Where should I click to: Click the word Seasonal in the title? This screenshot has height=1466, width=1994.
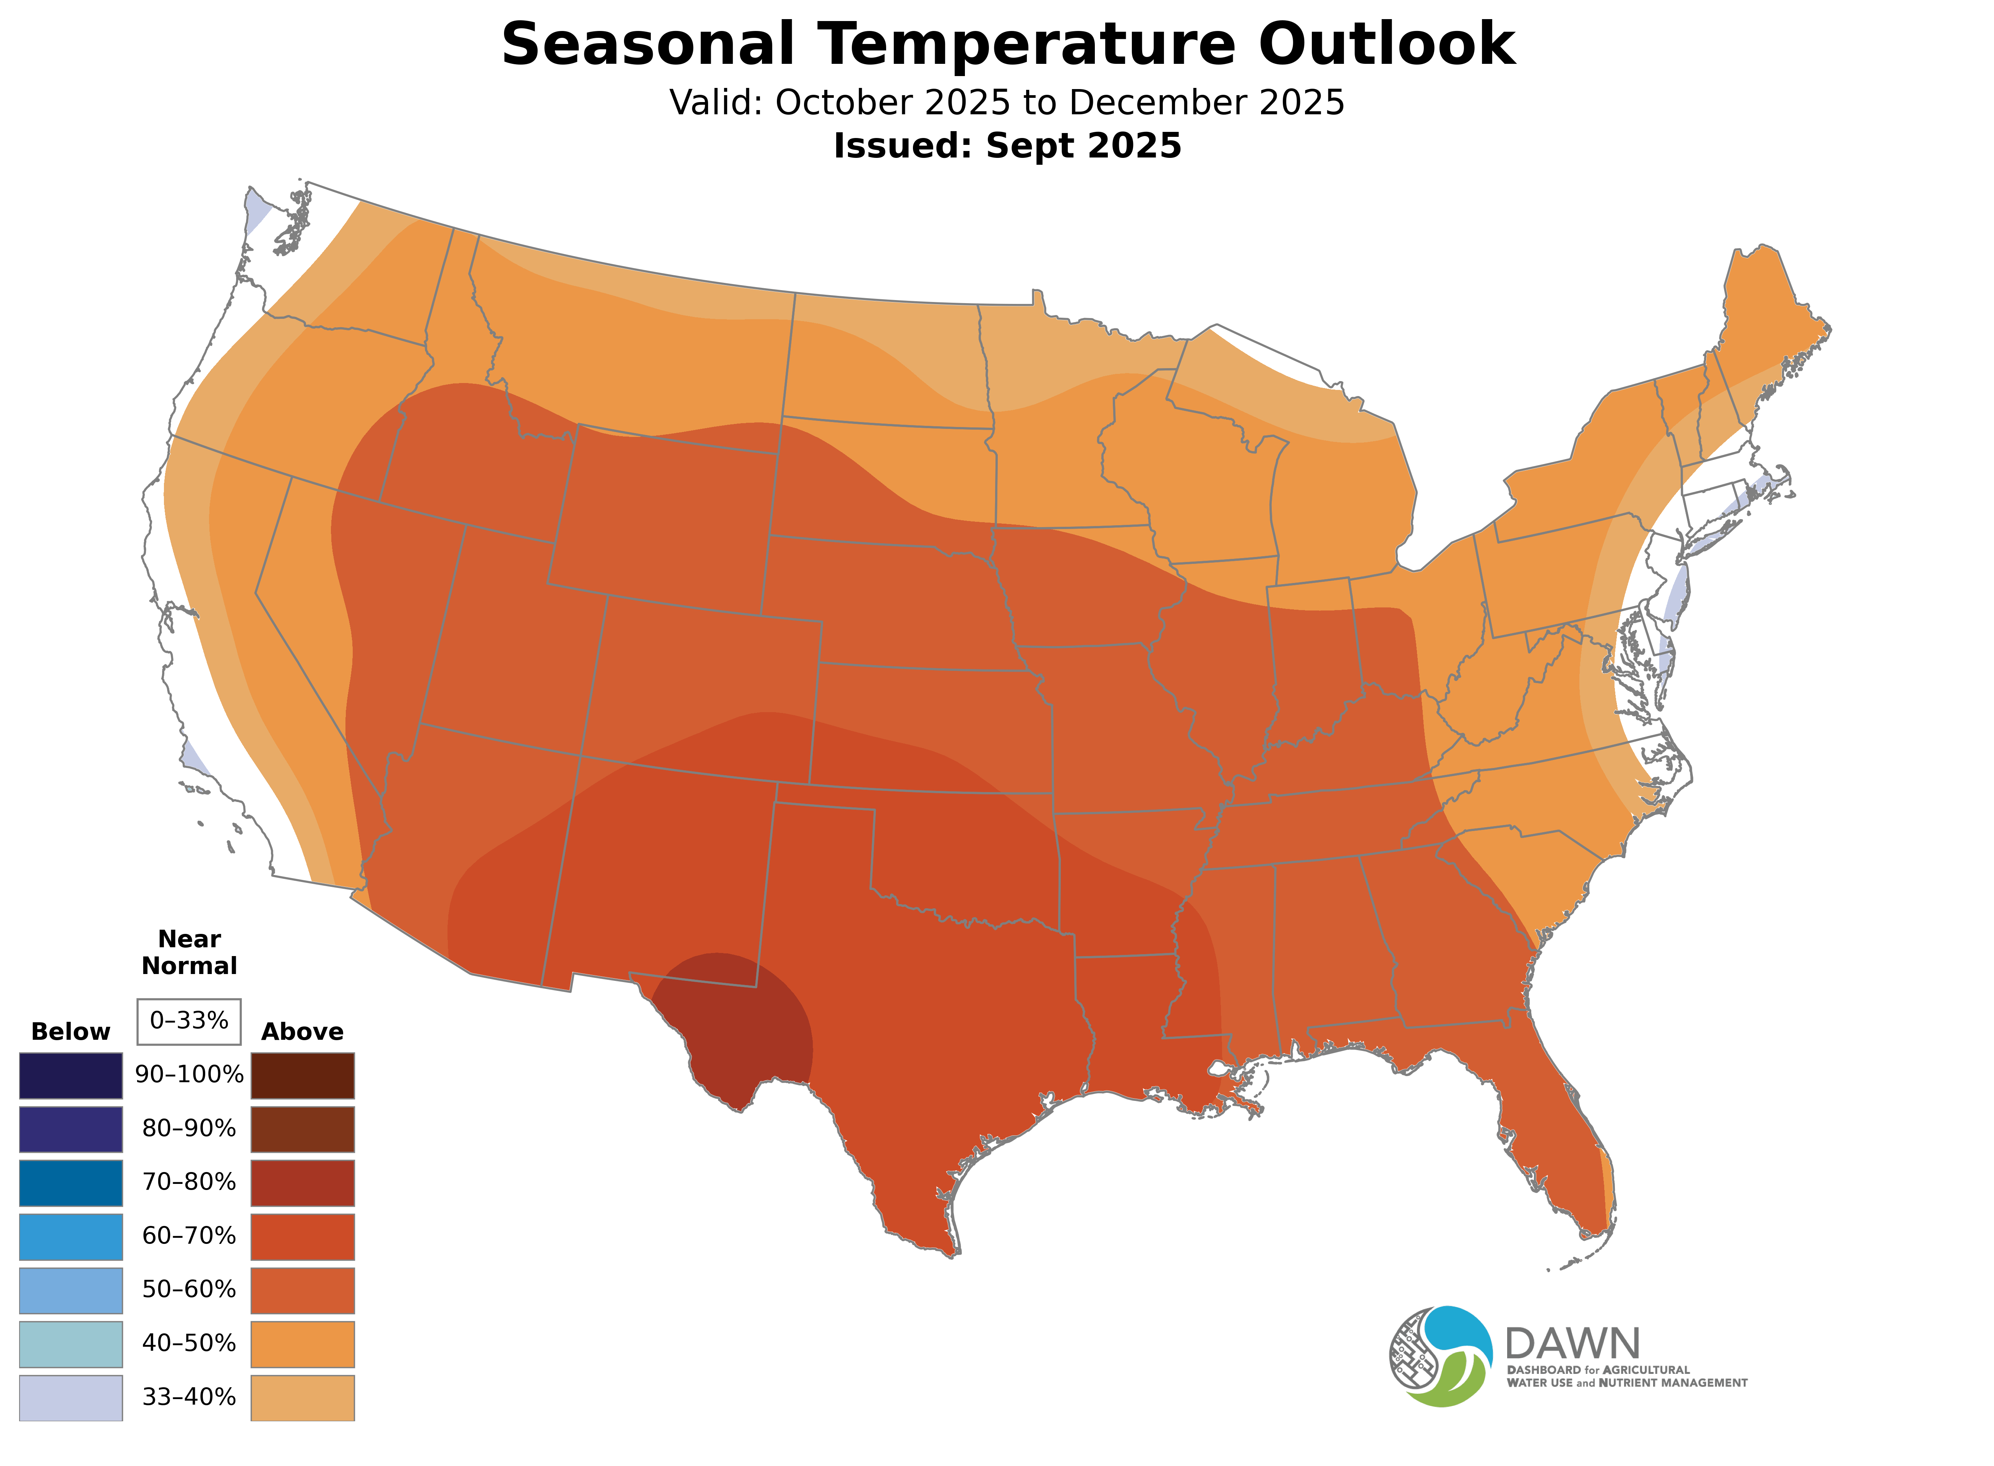coord(647,44)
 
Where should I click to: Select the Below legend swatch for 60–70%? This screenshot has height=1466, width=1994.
coord(71,1236)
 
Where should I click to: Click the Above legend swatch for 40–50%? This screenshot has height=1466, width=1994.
coord(303,1344)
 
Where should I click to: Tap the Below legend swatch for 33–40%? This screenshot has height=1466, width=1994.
coord(71,1398)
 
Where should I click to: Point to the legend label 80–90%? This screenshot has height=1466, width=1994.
coord(189,1129)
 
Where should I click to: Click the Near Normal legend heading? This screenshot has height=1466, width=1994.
coord(189,952)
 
